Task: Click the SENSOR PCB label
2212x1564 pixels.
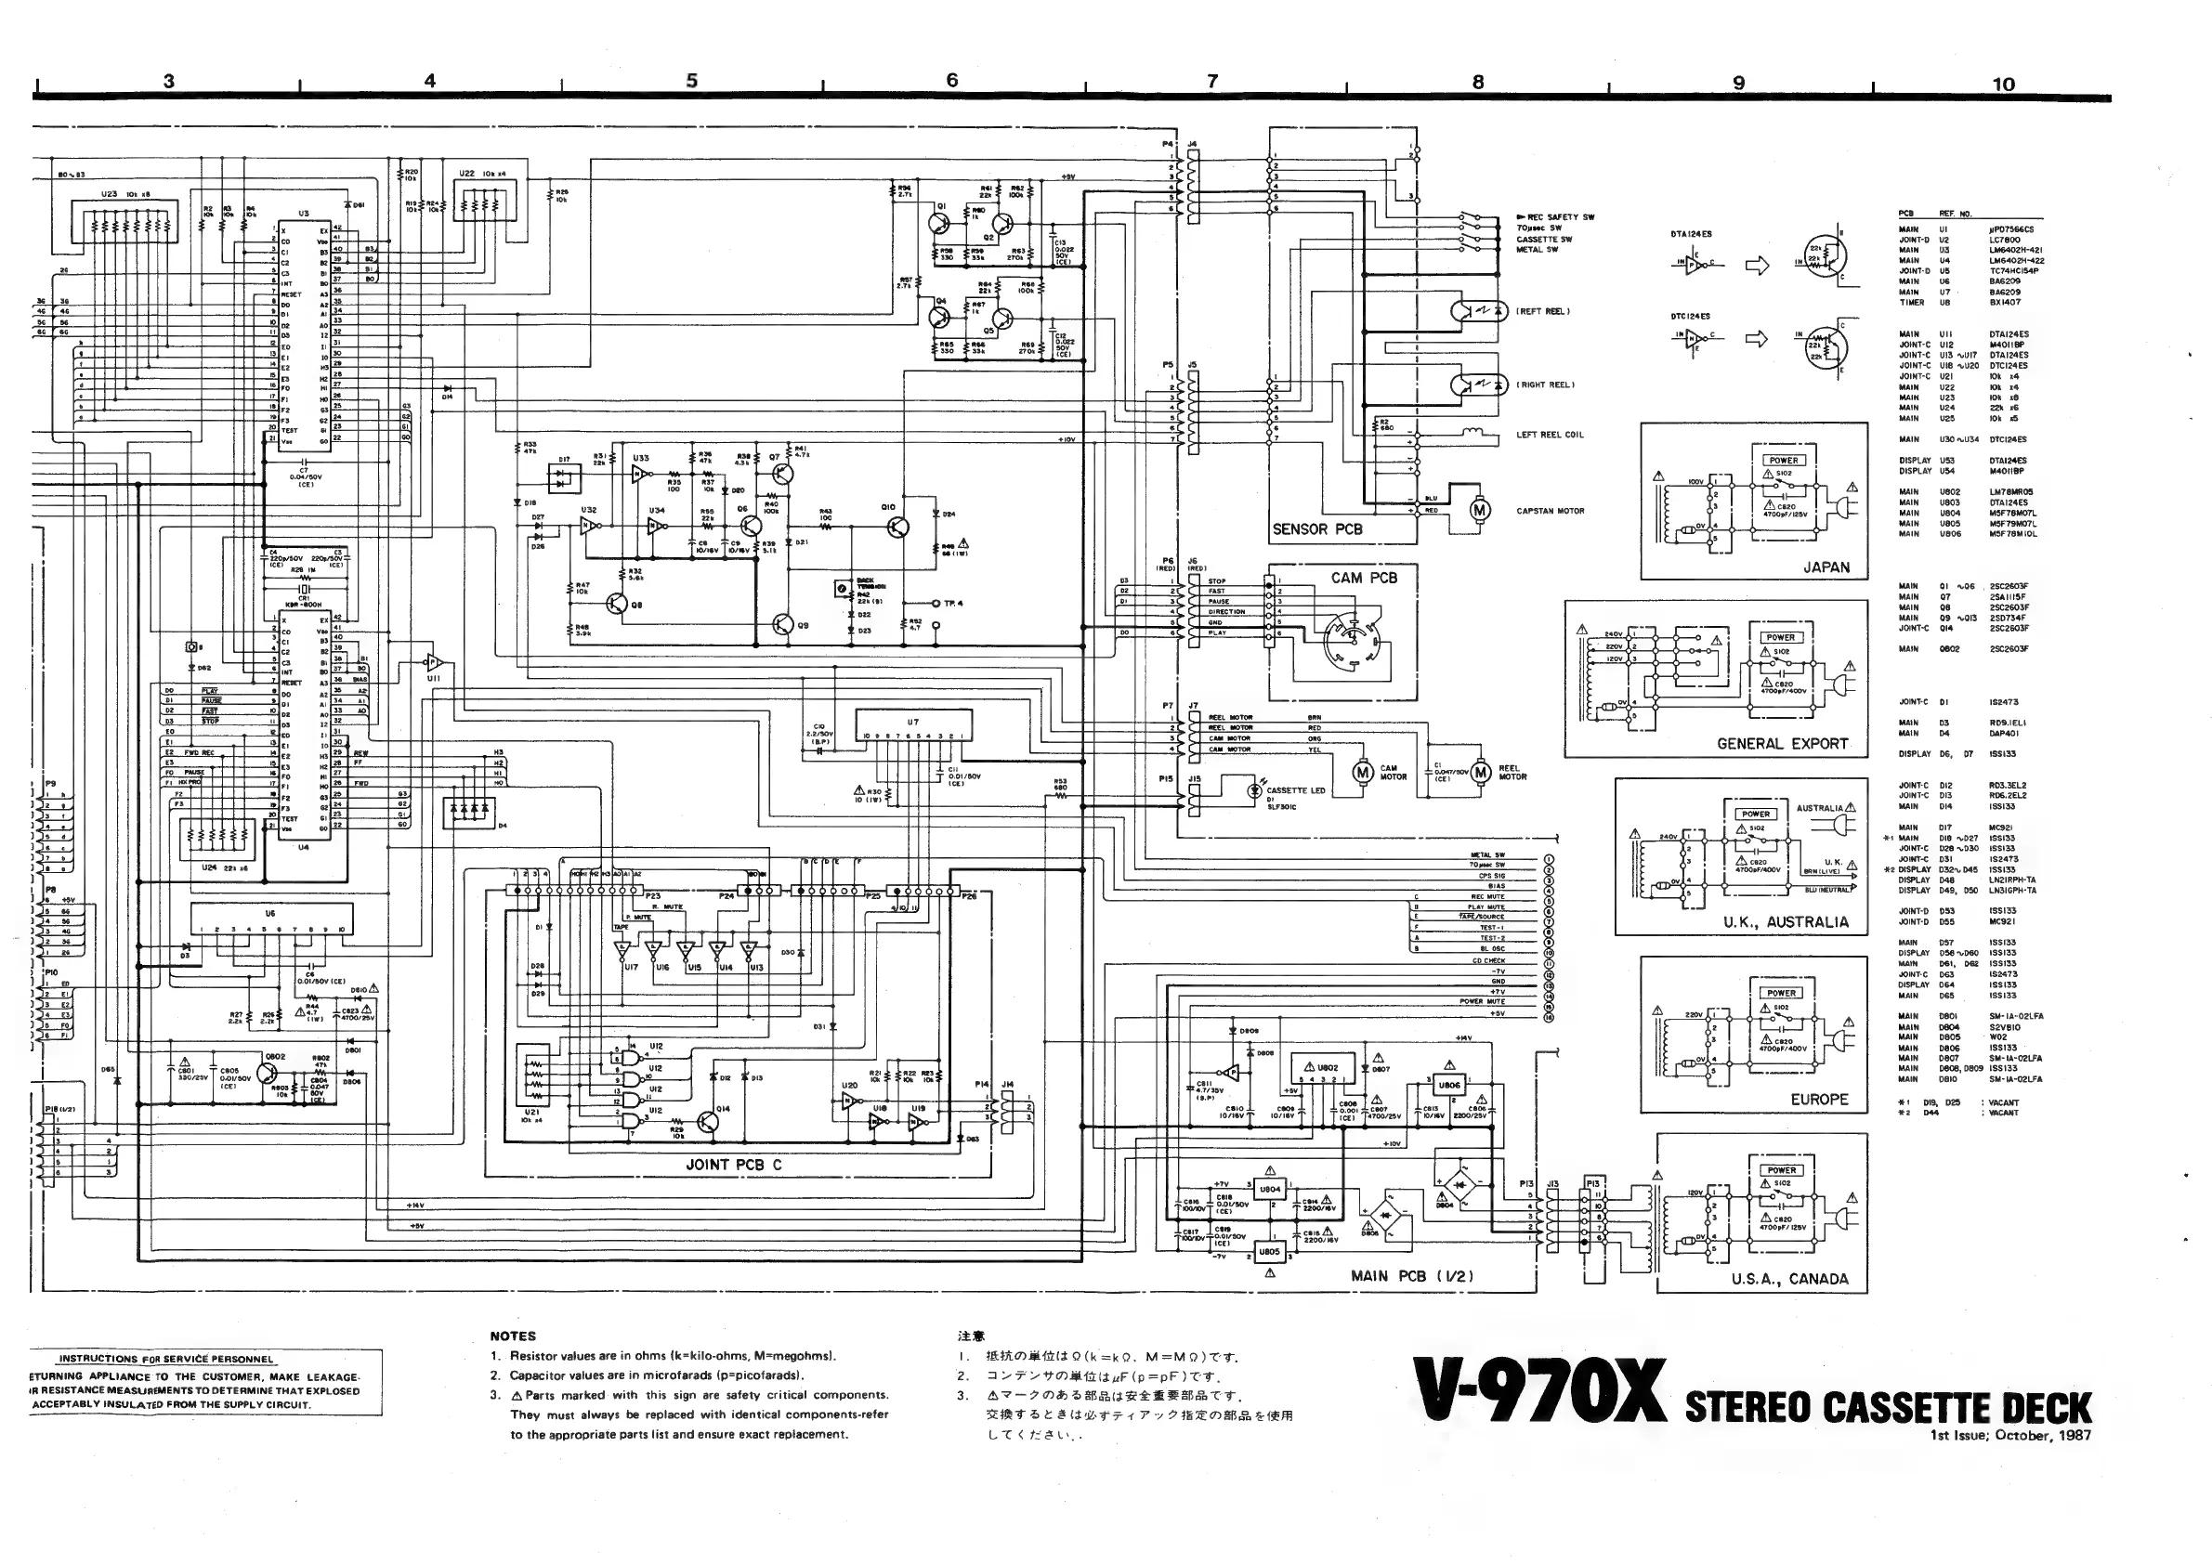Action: point(1317,528)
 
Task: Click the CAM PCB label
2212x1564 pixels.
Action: point(1363,578)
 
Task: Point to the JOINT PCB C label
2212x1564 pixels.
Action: point(733,1165)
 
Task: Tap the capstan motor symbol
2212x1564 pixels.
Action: point(1479,510)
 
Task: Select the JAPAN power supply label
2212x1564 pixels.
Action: point(1826,567)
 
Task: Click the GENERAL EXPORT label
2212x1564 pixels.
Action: point(1782,744)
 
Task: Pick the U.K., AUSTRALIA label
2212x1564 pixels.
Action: point(1787,921)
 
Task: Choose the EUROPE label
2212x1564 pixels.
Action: point(1819,1099)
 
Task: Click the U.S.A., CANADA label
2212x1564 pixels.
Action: point(1789,1279)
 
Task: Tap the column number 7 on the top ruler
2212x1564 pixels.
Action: point(1213,82)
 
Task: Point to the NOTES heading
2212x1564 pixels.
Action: point(513,1336)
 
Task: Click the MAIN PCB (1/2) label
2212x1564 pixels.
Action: point(1411,1276)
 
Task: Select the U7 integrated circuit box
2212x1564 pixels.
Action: point(913,726)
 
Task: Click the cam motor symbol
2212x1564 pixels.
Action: point(1362,773)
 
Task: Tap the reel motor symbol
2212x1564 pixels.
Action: point(1480,772)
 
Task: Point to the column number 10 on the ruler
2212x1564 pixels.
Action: point(2003,84)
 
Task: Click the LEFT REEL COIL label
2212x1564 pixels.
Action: point(1550,435)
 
